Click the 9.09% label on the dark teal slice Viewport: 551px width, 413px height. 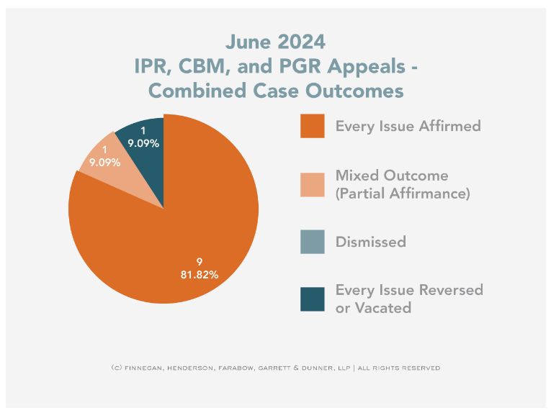pyautogui.click(x=143, y=143)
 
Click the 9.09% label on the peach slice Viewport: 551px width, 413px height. pyautogui.click(x=104, y=163)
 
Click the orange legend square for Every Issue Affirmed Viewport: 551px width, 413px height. pyautogui.click(x=312, y=126)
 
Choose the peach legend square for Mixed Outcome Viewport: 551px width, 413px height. pyautogui.click(x=312, y=183)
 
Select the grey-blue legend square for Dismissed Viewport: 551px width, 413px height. pyautogui.click(x=312, y=241)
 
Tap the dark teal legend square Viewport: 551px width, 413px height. pyautogui.click(x=312, y=299)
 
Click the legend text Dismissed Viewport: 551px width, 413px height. pyautogui.click(x=370, y=242)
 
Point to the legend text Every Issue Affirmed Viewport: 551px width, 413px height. pyautogui.click(x=408, y=127)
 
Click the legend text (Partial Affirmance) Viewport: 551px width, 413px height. pyautogui.click(x=403, y=194)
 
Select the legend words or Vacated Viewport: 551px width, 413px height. pyautogui.click(x=373, y=308)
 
